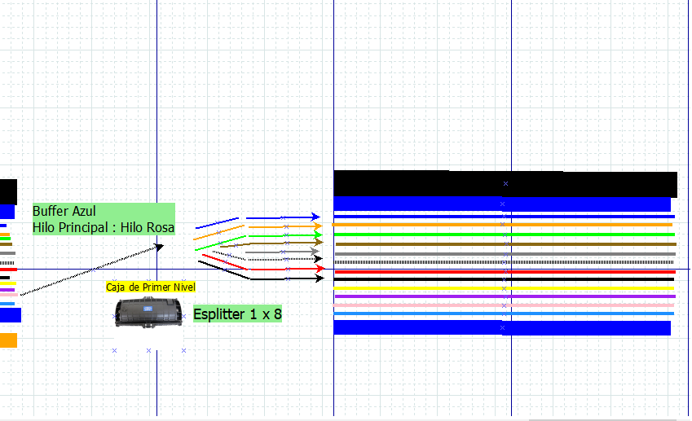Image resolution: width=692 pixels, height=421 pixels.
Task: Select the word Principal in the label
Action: tap(87, 228)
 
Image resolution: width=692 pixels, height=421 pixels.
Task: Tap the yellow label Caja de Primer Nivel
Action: tap(150, 287)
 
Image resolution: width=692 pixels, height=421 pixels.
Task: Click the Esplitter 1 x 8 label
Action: tap(237, 314)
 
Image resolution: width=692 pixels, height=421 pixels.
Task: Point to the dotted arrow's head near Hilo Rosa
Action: tap(160, 245)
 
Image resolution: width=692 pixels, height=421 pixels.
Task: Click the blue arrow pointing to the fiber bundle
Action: tap(282, 217)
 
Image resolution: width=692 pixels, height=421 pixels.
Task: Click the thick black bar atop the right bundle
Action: tap(505, 183)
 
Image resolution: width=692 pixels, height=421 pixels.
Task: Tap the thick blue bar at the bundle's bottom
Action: tap(501, 327)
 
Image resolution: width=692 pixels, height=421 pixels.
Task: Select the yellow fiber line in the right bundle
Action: tap(504, 288)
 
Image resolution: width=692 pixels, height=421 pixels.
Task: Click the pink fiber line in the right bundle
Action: tap(504, 305)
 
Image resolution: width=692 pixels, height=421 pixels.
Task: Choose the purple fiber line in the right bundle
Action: tap(504, 296)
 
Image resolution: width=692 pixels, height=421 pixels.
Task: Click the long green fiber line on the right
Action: tap(504, 235)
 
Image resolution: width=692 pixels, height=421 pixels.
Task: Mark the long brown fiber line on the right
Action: tap(504, 243)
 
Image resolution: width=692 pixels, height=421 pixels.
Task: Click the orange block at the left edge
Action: tap(8, 340)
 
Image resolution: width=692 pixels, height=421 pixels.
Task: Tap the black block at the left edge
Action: tap(8, 191)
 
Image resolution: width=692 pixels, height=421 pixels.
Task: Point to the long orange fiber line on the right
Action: tap(504, 225)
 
